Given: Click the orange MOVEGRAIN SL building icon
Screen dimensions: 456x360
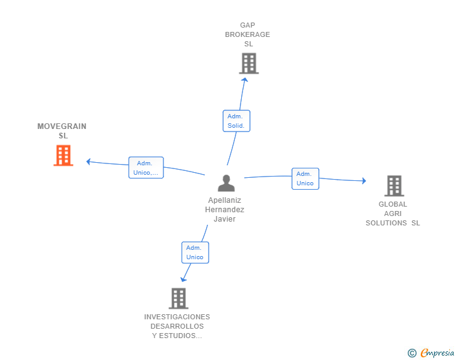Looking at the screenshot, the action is pos(63,155).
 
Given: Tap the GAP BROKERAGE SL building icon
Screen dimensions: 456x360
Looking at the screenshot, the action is pos(249,63).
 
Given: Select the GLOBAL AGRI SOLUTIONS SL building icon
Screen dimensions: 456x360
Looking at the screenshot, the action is pos(395,186).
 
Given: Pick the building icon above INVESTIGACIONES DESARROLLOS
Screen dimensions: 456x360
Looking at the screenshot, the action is pos(179,299).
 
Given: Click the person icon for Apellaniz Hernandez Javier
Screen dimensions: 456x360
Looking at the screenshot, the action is pos(226,183).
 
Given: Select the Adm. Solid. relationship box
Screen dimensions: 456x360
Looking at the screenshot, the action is pos(236,121).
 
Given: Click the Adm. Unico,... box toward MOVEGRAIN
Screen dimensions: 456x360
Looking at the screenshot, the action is pos(146,168).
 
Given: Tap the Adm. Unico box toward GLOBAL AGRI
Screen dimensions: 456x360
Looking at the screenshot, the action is pos(306,178).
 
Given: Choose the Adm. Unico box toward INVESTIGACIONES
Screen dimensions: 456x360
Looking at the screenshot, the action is pos(195,252).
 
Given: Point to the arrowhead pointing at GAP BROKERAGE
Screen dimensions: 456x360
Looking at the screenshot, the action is pos(245,80).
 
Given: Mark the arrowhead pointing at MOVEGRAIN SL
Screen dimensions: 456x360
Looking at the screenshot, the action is pos(88,162).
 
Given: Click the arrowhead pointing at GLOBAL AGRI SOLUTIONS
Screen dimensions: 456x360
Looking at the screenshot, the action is pos(364,180).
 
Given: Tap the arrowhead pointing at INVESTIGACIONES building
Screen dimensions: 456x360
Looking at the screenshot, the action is pos(183,279).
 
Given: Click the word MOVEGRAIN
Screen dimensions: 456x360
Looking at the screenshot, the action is pos(61,126).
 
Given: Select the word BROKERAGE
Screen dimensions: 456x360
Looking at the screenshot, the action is pos(247,34).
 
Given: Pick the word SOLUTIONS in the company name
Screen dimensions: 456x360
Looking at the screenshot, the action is pos(386,223).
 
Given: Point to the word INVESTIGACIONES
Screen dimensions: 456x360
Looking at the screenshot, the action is pos(177,317).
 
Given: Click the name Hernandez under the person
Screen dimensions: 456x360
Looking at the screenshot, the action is pos(224,209).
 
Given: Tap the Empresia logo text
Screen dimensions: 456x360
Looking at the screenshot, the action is pos(437,352).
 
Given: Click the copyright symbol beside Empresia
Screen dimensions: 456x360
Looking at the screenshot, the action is pos(412,353).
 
